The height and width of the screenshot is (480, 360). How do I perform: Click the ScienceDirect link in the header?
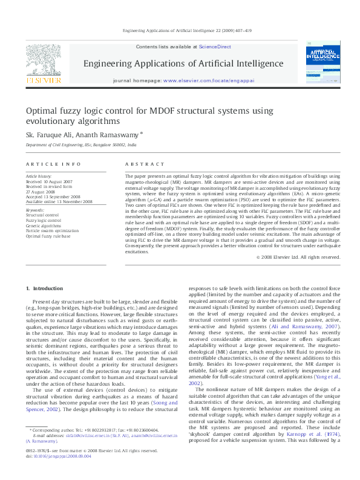pyautogui.click(x=215, y=47)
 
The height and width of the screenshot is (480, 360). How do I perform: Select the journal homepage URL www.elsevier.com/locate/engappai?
pyautogui.click(x=209, y=80)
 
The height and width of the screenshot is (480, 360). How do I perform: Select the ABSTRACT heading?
pyautogui.click(x=145, y=164)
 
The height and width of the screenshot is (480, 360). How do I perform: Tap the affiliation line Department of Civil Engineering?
pyautogui.click(x=80, y=146)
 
